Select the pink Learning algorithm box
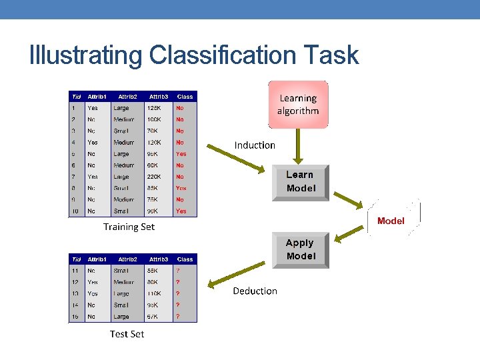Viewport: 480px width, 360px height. (298, 105)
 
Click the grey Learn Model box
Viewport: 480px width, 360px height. (300, 181)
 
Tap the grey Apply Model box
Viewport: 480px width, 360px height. (300, 250)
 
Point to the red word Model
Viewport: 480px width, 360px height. (391, 221)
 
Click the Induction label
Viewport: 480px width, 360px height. (255, 145)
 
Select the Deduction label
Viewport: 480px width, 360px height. (255, 291)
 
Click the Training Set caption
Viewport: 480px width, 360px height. (129, 227)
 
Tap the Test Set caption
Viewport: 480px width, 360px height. (127, 333)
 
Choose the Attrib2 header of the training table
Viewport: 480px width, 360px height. (127, 97)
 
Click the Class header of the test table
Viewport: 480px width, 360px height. (185, 259)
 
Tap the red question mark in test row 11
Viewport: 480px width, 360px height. (177, 271)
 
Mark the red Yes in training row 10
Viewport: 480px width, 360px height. (181, 211)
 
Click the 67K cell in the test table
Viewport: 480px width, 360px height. (155, 317)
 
